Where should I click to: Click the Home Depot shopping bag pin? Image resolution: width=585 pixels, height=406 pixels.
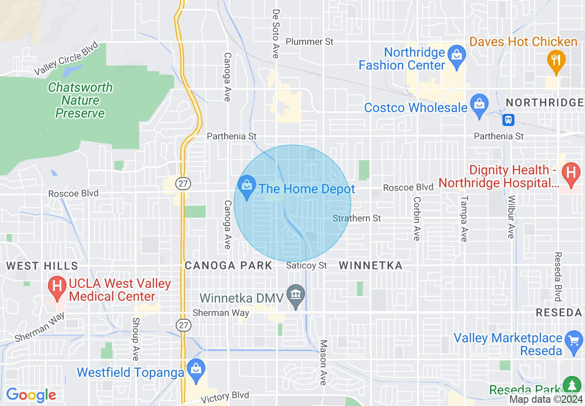pos(247,186)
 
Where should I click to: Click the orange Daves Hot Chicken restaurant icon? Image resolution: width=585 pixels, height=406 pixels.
pos(556,60)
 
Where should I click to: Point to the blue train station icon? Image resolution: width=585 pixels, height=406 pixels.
pos(508,120)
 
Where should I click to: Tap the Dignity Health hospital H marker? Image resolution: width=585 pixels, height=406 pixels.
pos(571,173)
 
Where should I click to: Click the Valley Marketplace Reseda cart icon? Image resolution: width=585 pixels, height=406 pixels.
pos(573,341)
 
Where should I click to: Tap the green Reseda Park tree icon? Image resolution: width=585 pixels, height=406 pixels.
pos(572,385)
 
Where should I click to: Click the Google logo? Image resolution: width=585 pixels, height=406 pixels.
pos(31,395)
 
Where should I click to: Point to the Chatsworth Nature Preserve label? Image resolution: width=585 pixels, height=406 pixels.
pos(80,100)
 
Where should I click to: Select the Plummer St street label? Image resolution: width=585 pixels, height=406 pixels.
pos(309,42)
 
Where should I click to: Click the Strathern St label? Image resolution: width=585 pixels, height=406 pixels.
pos(357,218)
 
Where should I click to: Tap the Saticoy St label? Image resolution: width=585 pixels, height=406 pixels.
pos(306,265)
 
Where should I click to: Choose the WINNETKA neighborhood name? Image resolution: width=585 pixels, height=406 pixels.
pos(370,265)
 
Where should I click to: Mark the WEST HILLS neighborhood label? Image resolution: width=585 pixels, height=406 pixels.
pos(42,266)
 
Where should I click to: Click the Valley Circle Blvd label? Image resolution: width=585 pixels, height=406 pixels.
pos(67,59)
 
